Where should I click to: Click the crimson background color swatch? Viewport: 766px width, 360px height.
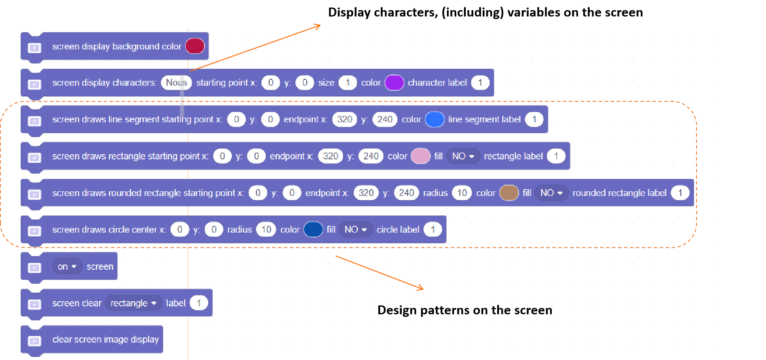(195, 46)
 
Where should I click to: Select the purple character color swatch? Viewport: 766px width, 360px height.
(394, 83)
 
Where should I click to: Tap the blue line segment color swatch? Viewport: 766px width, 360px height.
(435, 119)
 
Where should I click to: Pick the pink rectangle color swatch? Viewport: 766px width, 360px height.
(420, 156)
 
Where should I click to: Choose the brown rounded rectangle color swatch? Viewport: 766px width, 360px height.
(509, 193)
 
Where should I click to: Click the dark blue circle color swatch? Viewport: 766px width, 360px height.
(313, 230)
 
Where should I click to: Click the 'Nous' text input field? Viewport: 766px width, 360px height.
(176, 83)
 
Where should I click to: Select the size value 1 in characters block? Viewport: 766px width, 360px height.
(348, 83)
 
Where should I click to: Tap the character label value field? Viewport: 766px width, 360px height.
(480, 83)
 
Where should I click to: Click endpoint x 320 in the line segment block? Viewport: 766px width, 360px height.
(344, 119)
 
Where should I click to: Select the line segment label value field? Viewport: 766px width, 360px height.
(534, 119)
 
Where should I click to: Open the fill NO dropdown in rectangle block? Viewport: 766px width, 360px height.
(463, 156)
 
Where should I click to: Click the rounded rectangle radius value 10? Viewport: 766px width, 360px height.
(462, 193)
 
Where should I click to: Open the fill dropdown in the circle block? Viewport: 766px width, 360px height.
(355, 230)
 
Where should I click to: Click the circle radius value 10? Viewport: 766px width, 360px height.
(266, 230)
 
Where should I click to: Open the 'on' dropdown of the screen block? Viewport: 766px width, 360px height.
(67, 267)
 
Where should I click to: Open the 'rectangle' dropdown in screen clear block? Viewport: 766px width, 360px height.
(133, 303)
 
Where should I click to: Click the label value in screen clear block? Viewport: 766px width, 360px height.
(199, 303)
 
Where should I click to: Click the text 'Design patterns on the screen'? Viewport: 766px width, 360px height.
(464, 310)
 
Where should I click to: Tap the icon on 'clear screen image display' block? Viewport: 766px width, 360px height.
(35, 341)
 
